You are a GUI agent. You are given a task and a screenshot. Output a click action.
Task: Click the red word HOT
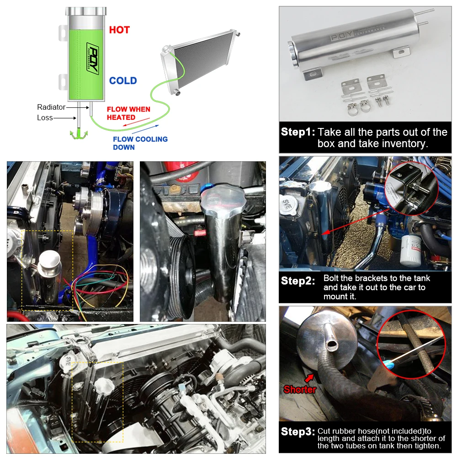[119, 30]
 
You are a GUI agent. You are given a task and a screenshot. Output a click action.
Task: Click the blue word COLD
[123, 81]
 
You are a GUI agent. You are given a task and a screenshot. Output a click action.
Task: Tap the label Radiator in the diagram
[51, 107]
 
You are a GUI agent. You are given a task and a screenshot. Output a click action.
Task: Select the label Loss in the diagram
[45, 118]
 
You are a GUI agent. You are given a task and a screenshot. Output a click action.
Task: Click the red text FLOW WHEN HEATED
[128, 113]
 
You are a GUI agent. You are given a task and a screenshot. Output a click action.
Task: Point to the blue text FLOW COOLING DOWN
[140, 143]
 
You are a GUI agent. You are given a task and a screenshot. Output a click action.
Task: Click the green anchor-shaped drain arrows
[79, 135]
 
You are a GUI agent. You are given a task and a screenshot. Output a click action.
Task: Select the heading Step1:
[298, 132]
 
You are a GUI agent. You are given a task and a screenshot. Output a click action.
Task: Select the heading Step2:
[298, 281]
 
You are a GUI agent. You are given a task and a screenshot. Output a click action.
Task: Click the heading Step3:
[298, 432]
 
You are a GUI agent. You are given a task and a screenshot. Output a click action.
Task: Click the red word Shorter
[300, 389]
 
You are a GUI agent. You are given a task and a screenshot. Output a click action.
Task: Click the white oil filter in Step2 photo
[411, 250]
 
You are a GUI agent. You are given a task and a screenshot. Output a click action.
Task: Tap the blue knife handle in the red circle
[388, 363]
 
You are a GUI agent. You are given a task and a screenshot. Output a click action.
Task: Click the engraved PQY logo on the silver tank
[341, 37]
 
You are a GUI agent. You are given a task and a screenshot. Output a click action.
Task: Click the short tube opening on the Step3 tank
[332, 345]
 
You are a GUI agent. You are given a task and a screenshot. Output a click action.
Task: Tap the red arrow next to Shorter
[309, 378]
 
